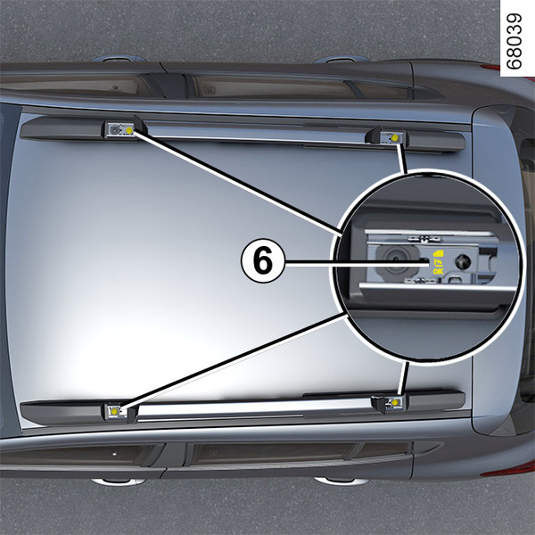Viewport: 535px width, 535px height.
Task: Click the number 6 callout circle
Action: [263, 260]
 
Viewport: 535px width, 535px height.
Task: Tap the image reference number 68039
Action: [514, 41]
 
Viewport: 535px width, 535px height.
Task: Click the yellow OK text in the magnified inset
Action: [438, 271]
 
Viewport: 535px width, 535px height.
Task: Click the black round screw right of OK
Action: [463, 261]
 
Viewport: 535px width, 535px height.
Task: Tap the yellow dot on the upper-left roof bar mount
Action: [129, 130]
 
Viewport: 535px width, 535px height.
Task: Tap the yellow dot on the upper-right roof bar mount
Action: [395, 137]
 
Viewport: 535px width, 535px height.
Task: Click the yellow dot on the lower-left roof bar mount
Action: [114, 412]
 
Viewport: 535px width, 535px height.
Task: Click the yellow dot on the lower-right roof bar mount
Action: [395, 403]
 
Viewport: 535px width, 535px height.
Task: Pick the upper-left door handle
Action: [119, 59]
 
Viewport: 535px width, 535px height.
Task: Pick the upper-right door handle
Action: [342, 60]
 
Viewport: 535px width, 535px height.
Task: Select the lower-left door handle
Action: [119, 481]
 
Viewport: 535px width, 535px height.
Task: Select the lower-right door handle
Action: [342, 481]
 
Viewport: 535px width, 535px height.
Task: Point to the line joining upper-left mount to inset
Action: [236, 183]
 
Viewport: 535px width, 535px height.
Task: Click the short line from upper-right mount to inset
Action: [403, 159]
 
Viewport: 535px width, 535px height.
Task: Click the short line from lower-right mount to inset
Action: [403, 379]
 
